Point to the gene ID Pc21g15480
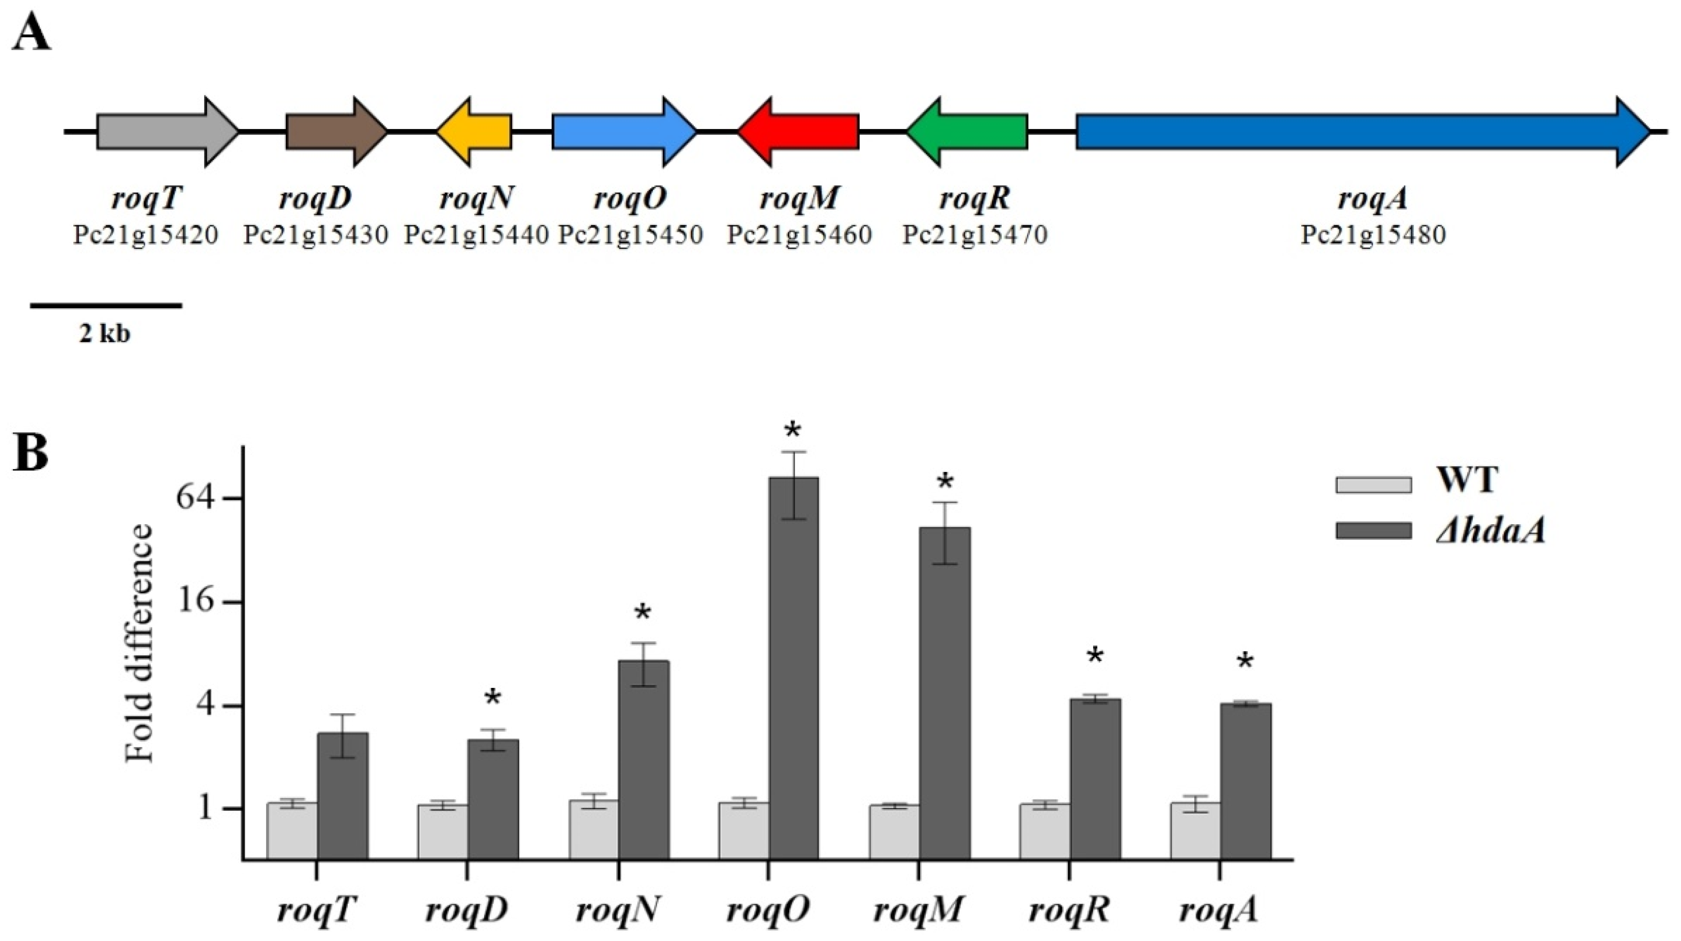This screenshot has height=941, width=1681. [x=1373, y=235]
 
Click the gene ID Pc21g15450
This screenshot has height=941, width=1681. [x=630, y=235]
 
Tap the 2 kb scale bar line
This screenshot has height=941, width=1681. [x=106, y=305]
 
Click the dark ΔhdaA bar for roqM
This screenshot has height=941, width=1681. [x=944, y=692]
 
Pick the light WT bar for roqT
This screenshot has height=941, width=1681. [x=292, y=830]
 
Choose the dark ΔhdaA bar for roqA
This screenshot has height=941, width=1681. [x=1245, y=780]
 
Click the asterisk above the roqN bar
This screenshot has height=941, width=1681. [x=642, y=614]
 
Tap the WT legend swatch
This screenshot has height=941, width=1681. [x=1373, y=485]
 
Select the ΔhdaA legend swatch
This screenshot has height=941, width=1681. [x=1373, y=530]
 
